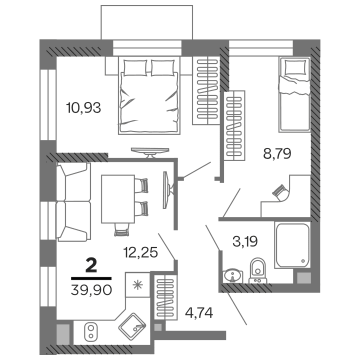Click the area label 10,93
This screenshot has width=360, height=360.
pyautogui.click(x=84, y=107)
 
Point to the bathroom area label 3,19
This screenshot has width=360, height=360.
pyautogui.click(x=245, y=243)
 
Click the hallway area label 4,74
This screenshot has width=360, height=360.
pyautogui.click(x=198, y=313)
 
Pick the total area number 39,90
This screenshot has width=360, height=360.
pyautogui.click(x=91, y=289)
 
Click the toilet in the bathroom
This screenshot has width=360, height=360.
pyautogui.click(x=258, y=270)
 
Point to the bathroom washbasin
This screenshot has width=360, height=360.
pyautogui.click(x=232, y=275)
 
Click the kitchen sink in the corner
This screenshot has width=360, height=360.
pyautogui.click(x=132, y=326)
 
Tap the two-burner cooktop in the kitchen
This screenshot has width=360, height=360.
pyautogui.click(x=91, y=331)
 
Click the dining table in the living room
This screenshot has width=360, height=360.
pyautogui.click(x=118, y=199)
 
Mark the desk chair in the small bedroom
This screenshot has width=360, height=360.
pyautogui.click(x=280, y=192)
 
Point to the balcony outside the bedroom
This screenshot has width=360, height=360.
pyautogui.click(x=146, y=22)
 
